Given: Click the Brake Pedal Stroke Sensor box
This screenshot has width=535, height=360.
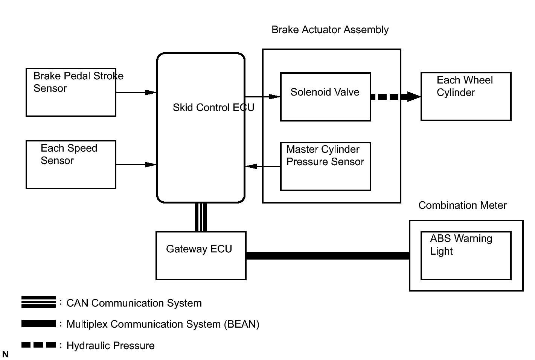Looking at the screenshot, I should click(71, 92).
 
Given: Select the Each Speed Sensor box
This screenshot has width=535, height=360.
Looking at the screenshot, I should click(71, 164).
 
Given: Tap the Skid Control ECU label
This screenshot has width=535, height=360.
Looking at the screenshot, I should click(213, 108).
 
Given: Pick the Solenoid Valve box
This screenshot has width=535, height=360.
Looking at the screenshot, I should click(326, 97).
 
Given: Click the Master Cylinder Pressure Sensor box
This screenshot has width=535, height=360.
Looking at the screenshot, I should click(326, 166).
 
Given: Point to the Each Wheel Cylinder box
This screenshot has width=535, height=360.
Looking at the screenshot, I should click(466, 96).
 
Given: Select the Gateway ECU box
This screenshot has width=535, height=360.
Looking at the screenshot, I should click(201, 255).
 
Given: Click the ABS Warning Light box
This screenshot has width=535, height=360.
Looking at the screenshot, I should click(466, 255).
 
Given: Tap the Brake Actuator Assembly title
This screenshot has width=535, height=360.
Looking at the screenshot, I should click(330, 30).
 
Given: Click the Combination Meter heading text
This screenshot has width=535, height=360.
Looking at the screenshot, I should click(462, 205).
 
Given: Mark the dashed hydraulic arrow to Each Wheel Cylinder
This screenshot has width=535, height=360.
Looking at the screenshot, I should click(395, 97).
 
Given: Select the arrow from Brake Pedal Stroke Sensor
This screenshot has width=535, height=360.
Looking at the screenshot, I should click(136, 92).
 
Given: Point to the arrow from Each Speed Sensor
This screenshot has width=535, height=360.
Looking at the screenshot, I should click(136, 164).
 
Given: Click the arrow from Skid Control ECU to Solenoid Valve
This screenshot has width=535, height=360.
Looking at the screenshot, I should click(262, 97).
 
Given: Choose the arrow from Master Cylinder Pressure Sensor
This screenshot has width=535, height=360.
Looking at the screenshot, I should click(262, 166).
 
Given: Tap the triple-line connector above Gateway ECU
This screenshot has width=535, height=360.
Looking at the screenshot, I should click(201, 217).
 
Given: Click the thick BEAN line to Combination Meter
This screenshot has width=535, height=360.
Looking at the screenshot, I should click(328, 256).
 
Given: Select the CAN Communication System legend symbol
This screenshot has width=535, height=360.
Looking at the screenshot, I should click(38, 302).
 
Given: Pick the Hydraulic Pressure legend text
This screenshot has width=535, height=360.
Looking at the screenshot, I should click(110, 346).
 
